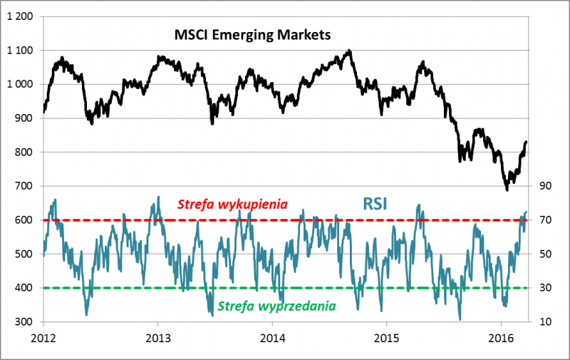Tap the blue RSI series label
point(375,203)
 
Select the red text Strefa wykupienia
point(232,204)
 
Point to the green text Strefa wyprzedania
point(277,307)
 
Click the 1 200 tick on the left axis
point(19,16)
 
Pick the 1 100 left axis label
point(19,50)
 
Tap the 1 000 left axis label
point(19,84)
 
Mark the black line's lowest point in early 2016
point(507,190)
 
